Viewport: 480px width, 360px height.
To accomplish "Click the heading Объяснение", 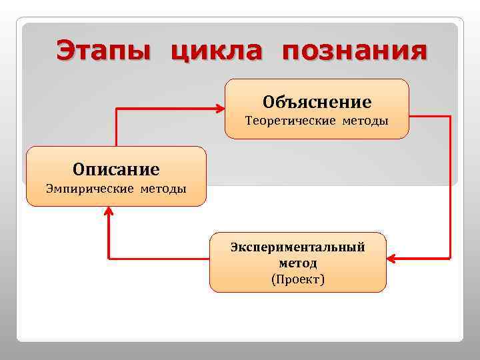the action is click(x=317, y=102).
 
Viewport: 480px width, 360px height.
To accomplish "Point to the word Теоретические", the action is click(x=291, y=121).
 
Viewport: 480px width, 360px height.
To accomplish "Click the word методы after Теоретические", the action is click(x=365, y=121).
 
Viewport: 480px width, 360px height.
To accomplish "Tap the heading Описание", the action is click(x=116, y=169).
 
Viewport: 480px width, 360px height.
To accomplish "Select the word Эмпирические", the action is click(x=89, y=189).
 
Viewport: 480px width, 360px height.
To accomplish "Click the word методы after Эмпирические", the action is click(x=163, y=189).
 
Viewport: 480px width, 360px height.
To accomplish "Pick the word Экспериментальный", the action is click(x=298, y=247).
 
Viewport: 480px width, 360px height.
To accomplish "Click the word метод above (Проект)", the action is click(x=298, y=263).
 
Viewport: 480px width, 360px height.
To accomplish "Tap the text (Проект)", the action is click(x=298, y=279).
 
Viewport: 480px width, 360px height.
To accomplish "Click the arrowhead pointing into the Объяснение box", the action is click(x=220, y=108).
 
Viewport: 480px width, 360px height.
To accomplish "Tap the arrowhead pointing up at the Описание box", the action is click(x=109, y=211).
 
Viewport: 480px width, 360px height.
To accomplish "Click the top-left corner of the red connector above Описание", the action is click(x=117, y=108).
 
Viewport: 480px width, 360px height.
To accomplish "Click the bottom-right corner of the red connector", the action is click(x=451, y=257).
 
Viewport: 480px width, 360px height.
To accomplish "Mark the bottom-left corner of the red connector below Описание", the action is click(x=109, y=257).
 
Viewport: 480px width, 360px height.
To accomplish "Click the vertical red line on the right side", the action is click(x=451, y=187).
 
